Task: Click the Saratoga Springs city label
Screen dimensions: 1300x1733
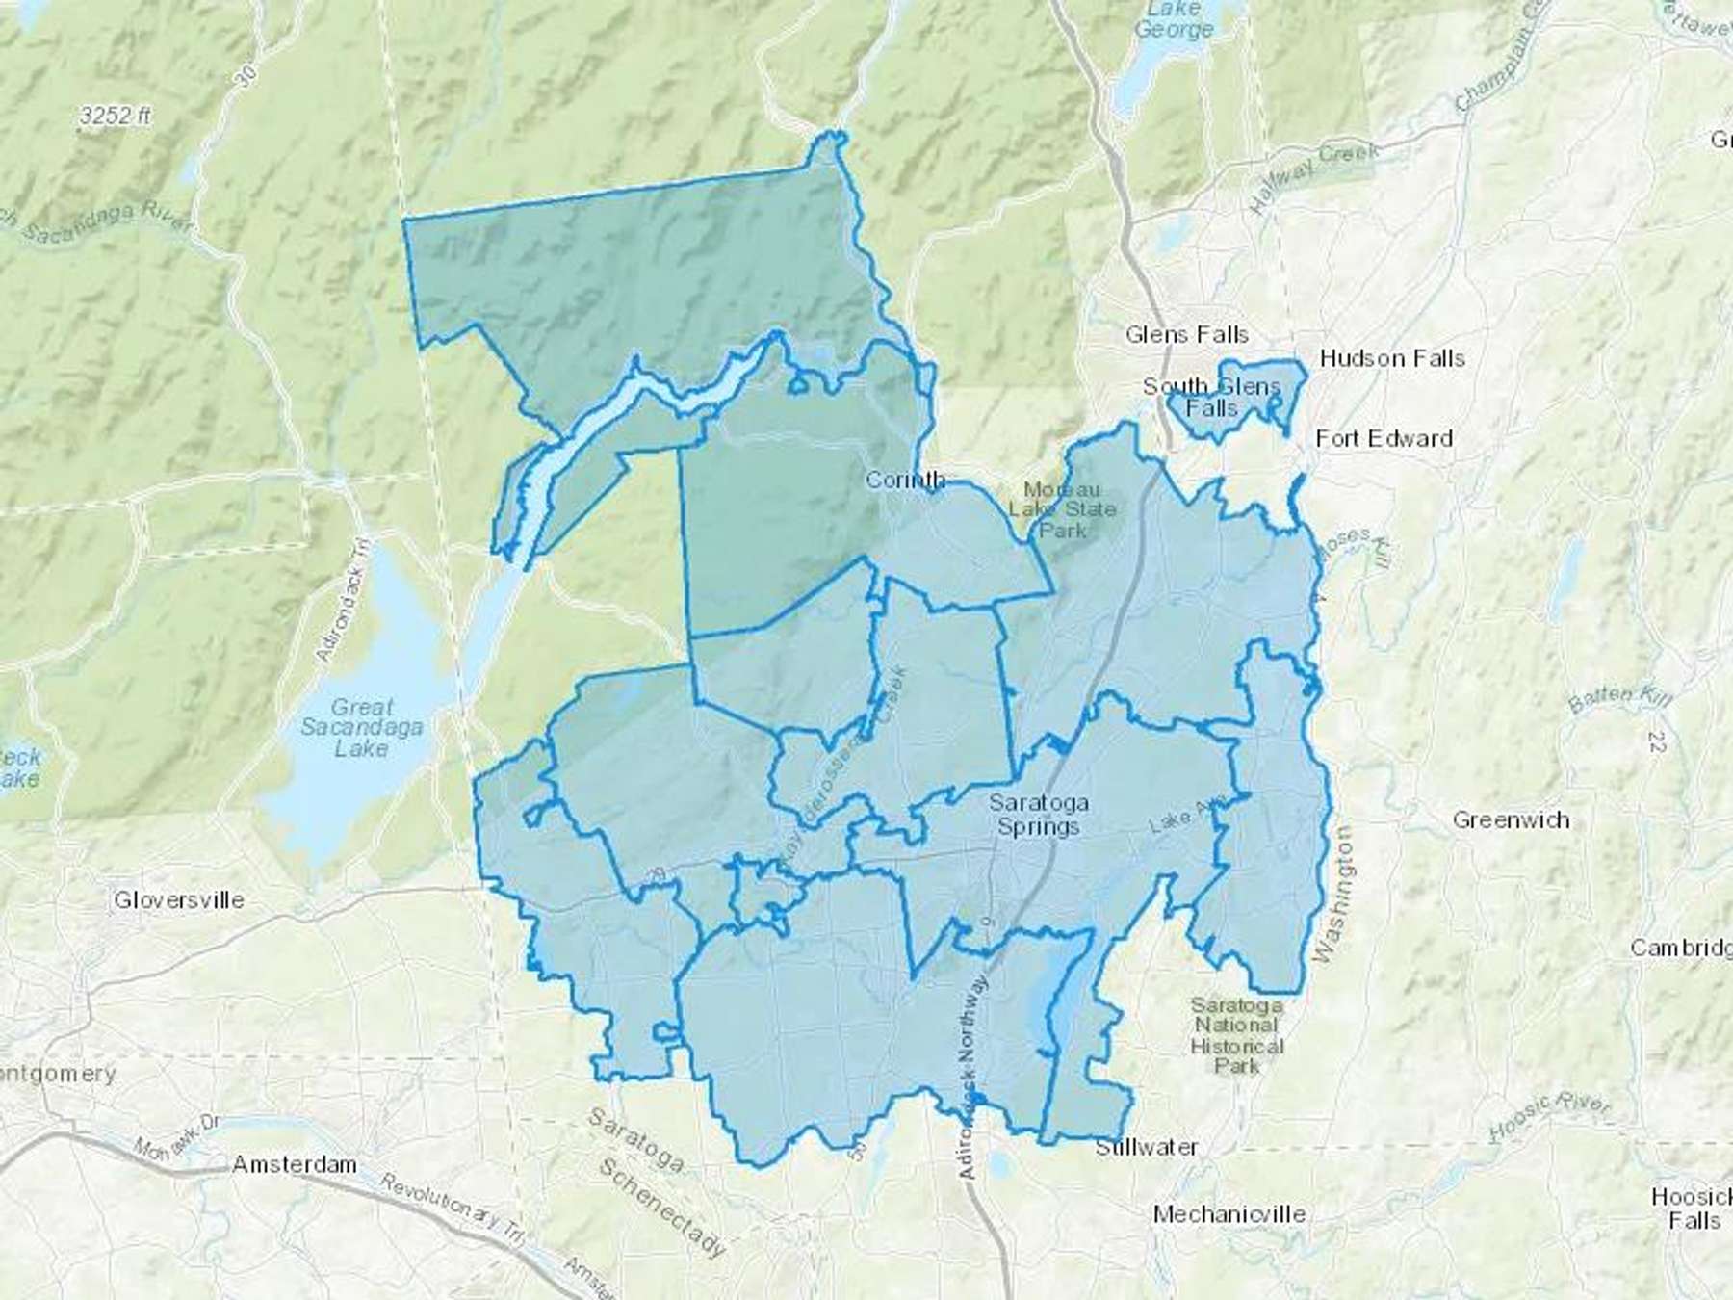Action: [x=1038, y=815]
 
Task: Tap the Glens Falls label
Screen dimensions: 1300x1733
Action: [x=1186, y=335]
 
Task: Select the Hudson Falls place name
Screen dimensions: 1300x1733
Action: [x=1392, y=359]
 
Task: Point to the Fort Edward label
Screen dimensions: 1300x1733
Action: [x=1384, y=439]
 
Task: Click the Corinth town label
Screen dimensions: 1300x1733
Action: [x=905, y=480]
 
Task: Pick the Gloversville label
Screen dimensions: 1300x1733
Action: [x=179, y=900]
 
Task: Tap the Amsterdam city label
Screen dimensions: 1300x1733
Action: [x=295, y=1165]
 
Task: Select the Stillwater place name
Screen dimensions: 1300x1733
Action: [x=1147, y=1148]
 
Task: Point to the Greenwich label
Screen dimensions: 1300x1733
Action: [x=1511, y=820]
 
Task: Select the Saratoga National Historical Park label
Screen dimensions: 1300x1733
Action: [x=1236, y=1035]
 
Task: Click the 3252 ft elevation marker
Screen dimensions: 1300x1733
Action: [x=116, y=117]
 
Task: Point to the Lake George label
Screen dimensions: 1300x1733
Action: [x=1173, y=19]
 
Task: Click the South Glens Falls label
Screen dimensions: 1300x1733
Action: [x=1211, y=398]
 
